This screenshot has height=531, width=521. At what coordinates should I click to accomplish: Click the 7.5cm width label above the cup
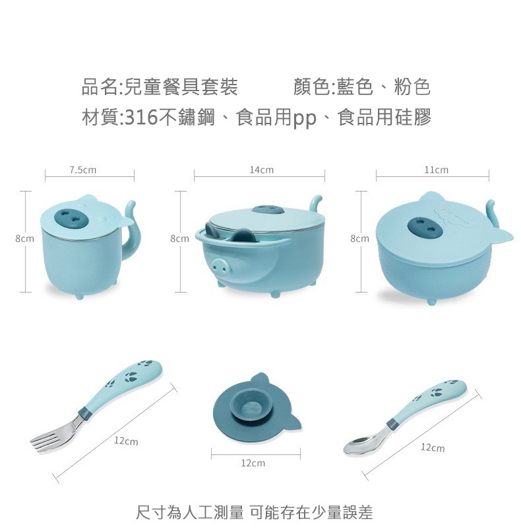coord(82,170)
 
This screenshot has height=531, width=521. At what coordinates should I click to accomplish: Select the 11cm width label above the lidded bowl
coord(436,170)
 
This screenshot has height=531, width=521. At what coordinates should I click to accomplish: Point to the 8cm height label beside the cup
coord(25,238)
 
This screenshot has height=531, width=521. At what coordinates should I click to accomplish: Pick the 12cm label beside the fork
coord(125,441)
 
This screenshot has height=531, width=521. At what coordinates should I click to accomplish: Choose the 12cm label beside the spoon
coord(432,448)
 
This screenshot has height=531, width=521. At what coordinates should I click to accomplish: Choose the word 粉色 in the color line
coord(412,87)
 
